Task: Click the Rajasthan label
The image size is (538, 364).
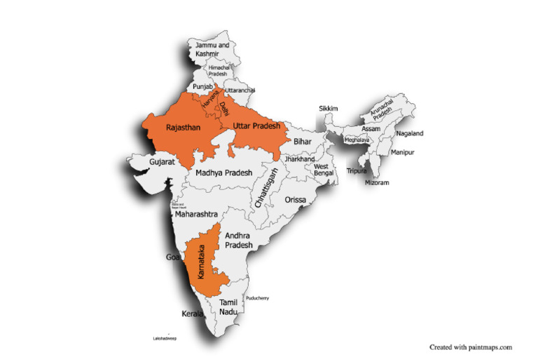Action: tap(183, 128)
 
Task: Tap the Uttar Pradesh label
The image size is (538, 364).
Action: tap(256, 126)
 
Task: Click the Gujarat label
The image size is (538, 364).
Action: tap(161, 162)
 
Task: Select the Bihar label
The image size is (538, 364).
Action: tap(302, 142)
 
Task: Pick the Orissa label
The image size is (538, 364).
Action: tap(295, 200)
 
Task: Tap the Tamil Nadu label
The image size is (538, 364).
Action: tap(229, 306)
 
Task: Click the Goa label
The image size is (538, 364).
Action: tap(172, 257)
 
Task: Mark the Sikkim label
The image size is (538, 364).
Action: tap(328, 109)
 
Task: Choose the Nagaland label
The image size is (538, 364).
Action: tap(410, 133)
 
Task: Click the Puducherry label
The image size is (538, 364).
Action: tap(257, 298)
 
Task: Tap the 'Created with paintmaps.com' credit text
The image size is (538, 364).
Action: tap(471, 346)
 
